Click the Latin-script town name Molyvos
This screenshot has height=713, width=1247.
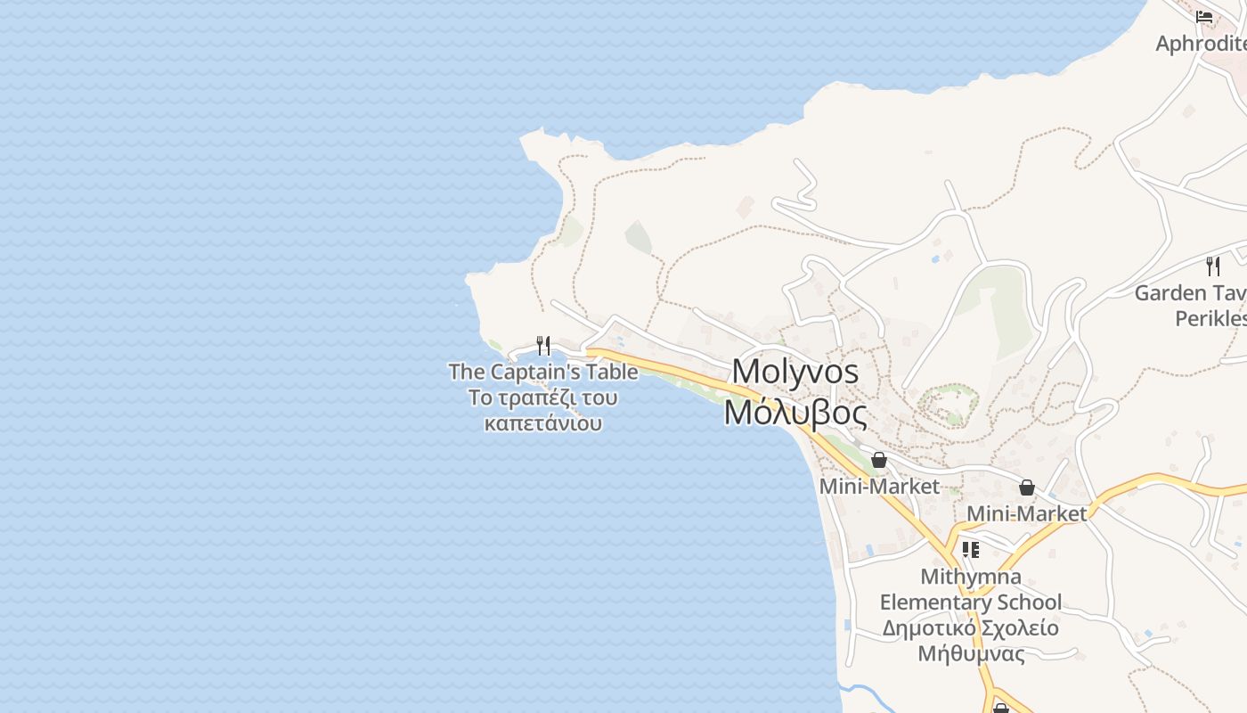795,371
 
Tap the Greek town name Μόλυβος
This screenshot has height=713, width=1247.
795,413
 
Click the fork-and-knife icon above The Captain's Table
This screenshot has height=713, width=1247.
543,345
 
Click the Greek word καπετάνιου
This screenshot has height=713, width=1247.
543,422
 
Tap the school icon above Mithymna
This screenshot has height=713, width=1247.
971,550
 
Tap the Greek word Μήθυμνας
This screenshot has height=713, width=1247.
971,654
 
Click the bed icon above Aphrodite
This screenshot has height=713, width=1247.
1204,16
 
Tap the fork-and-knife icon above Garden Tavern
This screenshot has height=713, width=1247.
1212,266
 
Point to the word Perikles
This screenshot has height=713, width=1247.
1210,318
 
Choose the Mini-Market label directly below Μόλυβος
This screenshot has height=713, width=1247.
879,487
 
